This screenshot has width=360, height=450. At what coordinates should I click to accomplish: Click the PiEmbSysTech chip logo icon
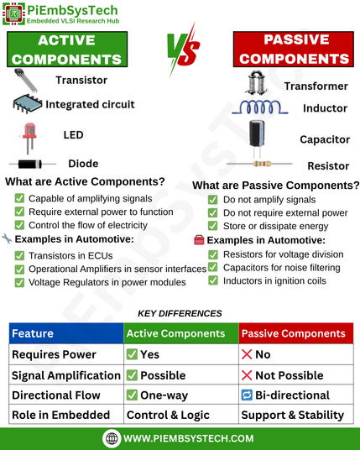[13, 13]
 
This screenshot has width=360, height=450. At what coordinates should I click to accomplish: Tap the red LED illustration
[29, 139]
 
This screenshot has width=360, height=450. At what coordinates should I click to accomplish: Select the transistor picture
[26, 80]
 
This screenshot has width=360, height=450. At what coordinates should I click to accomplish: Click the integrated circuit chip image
[27, 103]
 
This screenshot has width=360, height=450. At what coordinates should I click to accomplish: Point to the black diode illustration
[33, 165]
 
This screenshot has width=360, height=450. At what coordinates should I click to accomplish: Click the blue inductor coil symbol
[260, 107]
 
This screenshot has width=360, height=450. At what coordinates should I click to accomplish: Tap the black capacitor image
[257, 139]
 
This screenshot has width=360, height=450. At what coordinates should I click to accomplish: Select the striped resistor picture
[259, 164]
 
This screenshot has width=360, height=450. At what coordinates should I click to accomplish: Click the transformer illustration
[256, 82]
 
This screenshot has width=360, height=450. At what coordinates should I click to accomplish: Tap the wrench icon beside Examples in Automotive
[7, 238]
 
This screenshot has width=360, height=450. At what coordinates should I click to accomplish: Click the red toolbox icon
[199, 240]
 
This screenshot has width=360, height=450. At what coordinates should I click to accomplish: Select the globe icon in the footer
[112, 438]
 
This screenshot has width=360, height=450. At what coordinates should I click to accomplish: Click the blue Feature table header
[66, 333]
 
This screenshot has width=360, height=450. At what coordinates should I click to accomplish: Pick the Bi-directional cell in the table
[296, 395]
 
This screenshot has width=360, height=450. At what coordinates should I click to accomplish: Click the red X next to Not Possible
[247, 375]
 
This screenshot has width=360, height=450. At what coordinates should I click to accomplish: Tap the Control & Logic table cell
[181, 415]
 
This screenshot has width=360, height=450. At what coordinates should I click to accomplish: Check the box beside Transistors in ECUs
[19, 255]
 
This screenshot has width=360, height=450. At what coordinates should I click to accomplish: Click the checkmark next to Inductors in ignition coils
[213, 280]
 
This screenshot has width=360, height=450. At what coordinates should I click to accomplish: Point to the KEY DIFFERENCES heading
[180, 313]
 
